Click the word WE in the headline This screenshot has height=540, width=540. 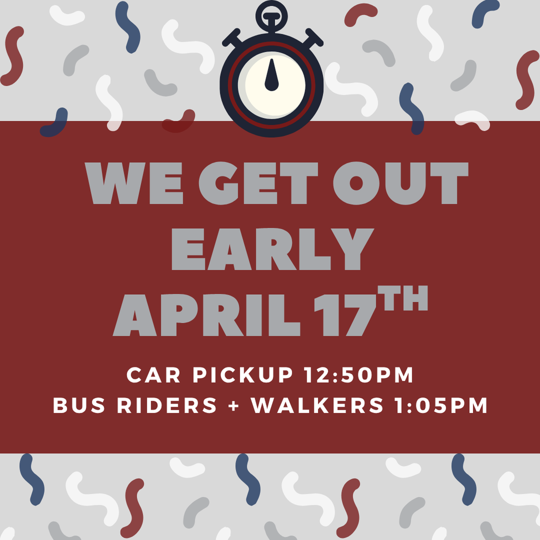[135, 184]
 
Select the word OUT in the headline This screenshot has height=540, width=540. [400, 184]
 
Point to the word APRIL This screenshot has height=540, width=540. [206, 315]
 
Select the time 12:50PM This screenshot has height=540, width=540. [359, 375]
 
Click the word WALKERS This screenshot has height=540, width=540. [317, 406]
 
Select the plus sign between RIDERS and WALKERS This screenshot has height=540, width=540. [234, 406]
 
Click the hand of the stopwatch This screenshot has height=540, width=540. [272, 75]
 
